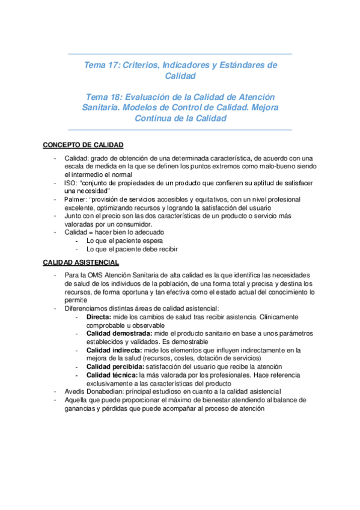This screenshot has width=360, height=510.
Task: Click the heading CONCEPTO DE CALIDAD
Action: [x=82, y=146]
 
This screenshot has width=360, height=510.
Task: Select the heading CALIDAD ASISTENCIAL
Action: [x=81, y=262]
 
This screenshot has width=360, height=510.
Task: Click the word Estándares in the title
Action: [x=243, y=65]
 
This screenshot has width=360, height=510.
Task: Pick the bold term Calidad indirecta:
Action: [x=114, y=349]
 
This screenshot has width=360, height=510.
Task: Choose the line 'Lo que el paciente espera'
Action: [x=126, y=241]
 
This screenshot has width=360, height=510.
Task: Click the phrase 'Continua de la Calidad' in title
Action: [x=180, y=118]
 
